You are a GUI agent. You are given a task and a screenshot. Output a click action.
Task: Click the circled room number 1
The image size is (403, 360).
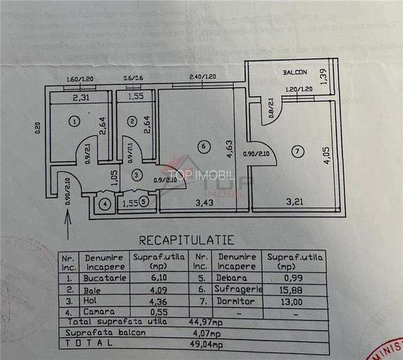pyautogui.click(x=75, y=120)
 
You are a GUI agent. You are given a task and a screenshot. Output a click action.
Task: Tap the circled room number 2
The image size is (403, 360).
pyautogui.click(x=131, y=120)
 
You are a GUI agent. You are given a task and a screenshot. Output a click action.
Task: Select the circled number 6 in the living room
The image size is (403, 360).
pyautogui.click(x=203, y=146)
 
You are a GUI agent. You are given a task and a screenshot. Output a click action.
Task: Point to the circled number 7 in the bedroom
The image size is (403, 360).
pyautogui.click(x=296, y=152)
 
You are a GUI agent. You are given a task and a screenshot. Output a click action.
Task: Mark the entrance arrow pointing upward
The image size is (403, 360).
pyautogui.click(x=67, y=228)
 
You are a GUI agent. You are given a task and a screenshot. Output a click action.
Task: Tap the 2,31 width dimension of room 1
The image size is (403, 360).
pyautogui.click(x=80, y=98)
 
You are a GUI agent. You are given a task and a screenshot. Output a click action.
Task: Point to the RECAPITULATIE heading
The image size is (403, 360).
pyautogui.click(x=186, y=240)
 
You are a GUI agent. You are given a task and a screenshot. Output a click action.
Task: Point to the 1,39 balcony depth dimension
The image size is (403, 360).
pyautogui.click(x=323, y=75)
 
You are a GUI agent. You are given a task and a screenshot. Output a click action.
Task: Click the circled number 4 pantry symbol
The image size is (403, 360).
pyautogui.click(x=106, y=205)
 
